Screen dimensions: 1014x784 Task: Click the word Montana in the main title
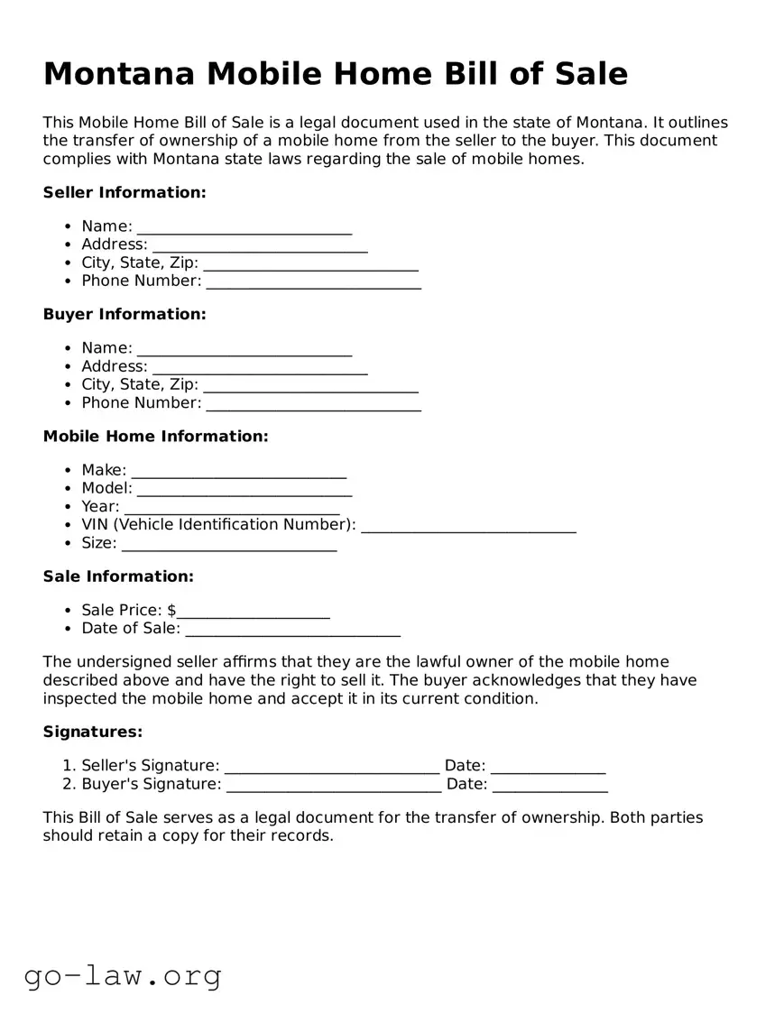118,73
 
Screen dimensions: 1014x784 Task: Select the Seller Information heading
125,192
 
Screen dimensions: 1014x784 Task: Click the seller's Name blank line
244,229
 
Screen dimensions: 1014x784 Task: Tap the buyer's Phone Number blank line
313,406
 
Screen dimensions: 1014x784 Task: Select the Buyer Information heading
125,314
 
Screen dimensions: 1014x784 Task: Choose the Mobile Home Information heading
155,437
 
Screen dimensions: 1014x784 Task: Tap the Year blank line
232,510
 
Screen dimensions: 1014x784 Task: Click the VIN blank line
468,528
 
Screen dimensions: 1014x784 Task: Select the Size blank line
228,546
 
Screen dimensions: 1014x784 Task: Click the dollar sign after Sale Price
171,611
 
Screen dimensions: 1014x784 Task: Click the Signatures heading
93,732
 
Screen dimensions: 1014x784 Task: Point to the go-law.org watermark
123,975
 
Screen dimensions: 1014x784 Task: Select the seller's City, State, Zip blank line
310,266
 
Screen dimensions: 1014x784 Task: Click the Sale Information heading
118,576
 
